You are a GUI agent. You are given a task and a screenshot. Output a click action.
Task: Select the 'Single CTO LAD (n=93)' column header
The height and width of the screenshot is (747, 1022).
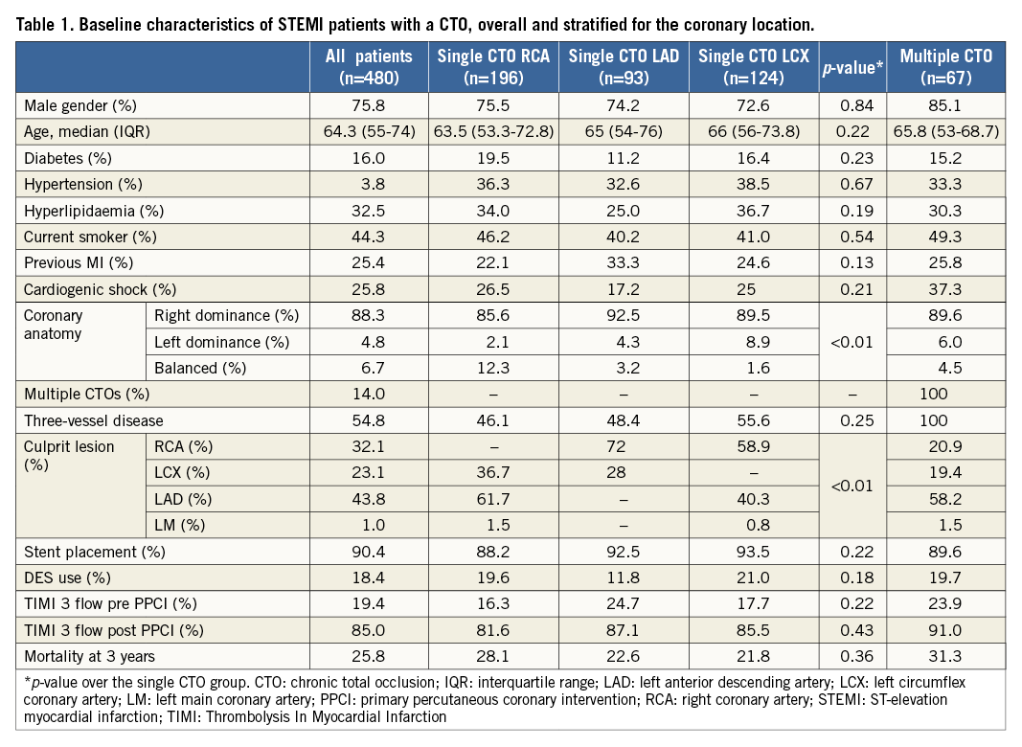(x=624, y=66)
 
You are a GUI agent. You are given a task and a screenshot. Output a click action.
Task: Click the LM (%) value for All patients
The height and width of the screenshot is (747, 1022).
(x=369, y=524)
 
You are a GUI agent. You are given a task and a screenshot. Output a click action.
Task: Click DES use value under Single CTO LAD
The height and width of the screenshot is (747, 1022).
(x=624, y=578)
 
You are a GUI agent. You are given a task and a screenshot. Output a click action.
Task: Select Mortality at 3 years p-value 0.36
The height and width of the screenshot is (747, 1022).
(x=852, y=656)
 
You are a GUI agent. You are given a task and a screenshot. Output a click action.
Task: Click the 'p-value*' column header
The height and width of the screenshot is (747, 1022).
(x=852, y=66)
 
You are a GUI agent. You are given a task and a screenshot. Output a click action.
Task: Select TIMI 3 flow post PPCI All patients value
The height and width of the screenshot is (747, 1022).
(x=369, y=630)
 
